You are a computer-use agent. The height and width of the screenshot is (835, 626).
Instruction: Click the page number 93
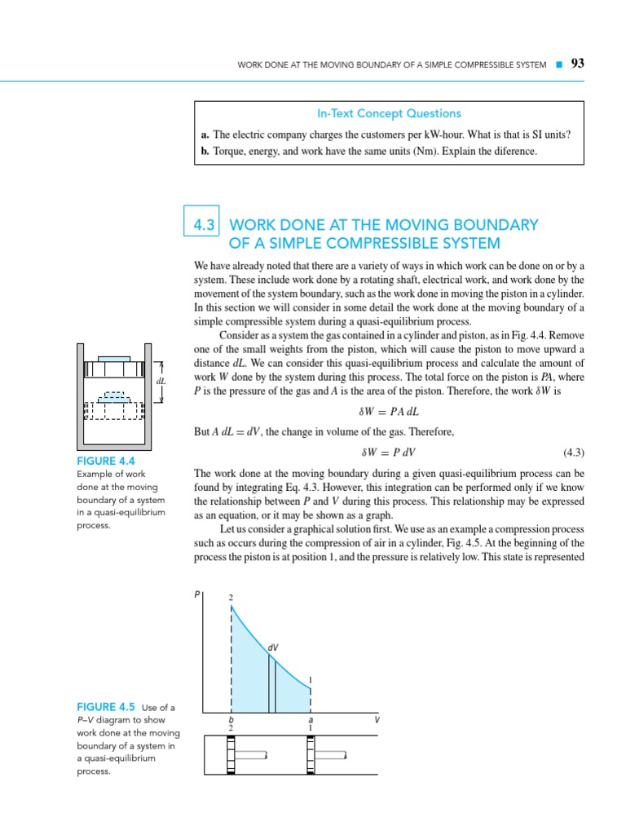pos(578,64)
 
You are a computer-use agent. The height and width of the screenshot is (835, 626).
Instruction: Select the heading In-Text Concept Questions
pos(389,113)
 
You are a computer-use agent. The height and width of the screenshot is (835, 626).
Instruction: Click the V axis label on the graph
pos(377,720)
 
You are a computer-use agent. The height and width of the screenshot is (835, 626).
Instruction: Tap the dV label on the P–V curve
pos(273,647)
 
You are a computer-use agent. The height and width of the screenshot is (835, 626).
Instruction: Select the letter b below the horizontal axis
pos(231,720)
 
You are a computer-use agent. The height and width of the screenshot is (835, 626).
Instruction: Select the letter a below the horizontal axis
pos(311,720)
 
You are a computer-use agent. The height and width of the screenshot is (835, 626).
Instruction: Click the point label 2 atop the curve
pos(231,599)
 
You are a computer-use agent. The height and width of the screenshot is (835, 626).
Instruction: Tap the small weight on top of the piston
pos(114,358)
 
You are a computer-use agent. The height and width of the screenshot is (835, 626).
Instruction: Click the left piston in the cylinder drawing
pos(231,755)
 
